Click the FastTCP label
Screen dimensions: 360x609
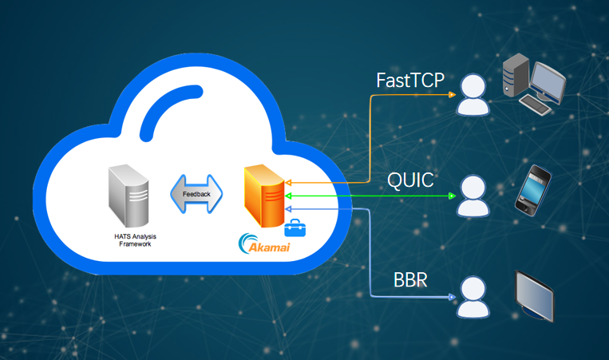click(409, 80)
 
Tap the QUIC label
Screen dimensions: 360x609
click(410, 180)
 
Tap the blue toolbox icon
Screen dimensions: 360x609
click(295, 230)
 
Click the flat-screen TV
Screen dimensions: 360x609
click(534, 295)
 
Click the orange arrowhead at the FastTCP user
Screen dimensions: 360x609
click(453, 94)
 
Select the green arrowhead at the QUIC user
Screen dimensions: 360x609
click(453, 195)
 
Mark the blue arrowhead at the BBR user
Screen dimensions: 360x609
click(452, 298)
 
